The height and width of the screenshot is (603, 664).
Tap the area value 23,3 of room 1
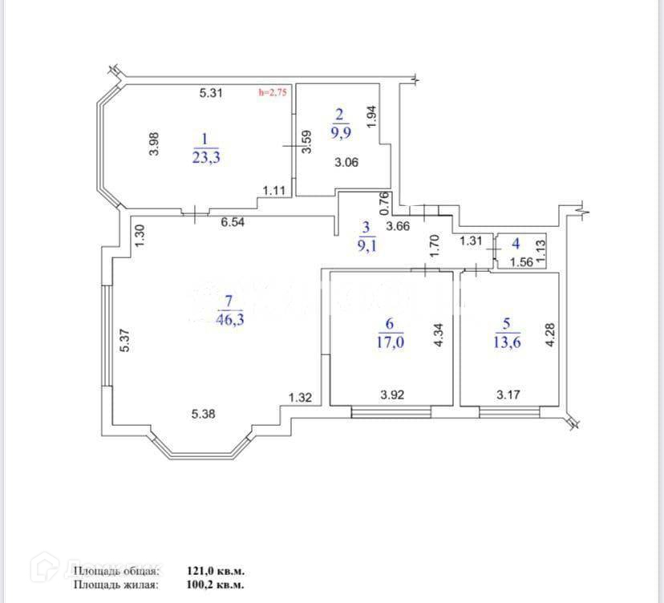point(206,157)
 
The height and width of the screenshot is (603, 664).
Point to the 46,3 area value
point(229,318)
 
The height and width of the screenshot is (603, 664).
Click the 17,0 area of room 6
point(390,341)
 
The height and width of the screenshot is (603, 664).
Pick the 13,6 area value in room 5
point(506,341)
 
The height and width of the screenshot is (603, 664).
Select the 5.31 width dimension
point(210,93)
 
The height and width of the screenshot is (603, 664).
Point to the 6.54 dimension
point(233,223)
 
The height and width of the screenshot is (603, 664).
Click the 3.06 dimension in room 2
point(346,162)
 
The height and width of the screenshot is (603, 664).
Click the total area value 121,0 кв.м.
point(216,571)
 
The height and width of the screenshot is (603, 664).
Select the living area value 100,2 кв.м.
point(216,585)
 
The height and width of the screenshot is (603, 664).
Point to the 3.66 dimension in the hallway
point(398,226)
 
